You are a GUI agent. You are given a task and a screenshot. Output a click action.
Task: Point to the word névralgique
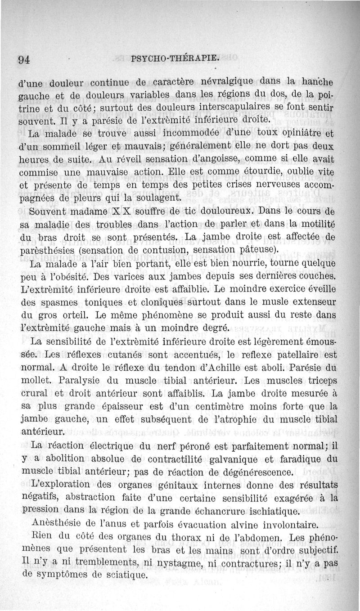pyautogui.click(x=218, y=82)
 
